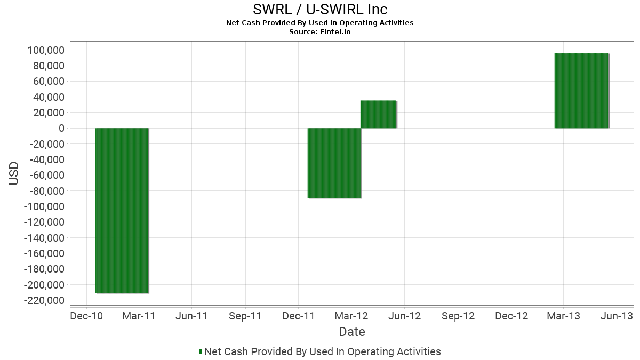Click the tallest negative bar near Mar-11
(122, 210)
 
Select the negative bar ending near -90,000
(334, 163)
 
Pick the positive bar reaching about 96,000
(581, 91)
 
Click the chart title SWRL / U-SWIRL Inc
(320, 10)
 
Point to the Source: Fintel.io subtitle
(320, 31)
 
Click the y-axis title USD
(14, 173)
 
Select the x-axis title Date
(352, 332)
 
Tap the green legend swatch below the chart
(201, 351)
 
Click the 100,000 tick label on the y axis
(45, 50)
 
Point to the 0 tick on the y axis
(61, 128)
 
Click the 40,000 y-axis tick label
(48, 97)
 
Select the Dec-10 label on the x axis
(86, 316)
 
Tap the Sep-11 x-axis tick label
(245, 316)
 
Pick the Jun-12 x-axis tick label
(404, 316)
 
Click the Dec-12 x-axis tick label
(511, 316)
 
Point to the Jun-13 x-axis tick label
(617, 316)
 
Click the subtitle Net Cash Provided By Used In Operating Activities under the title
(320, 22)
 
